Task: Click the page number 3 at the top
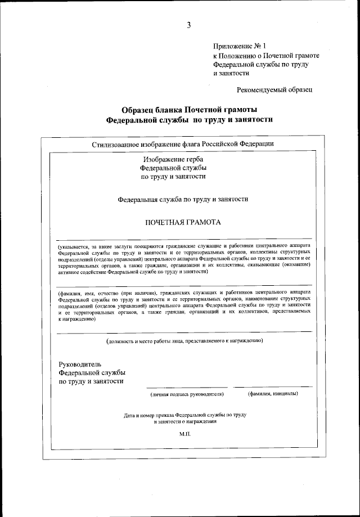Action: pyautogui.click(x=189, y=24)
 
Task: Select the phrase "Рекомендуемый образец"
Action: pyautogui.click(x=274, y=89)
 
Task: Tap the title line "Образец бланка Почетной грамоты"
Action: pyautogui.click(x=182, y=109)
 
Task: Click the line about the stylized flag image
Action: pyautogui.click(x=183, y=143)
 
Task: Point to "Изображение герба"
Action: pyautogui.click(x=173, y=159)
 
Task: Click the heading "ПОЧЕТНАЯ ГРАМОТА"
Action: pyautogui.click(x=183, y=222)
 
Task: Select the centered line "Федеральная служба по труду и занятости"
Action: pyautogui.click(x=183, y=199)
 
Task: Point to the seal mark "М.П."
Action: pyautogui.click(x=186, y=435)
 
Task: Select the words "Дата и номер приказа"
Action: pyautogui.click(x=148, y=415)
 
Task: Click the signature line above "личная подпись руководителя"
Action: pyautogui.click(x=187, y=387)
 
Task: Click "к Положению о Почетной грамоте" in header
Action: pyautogui.click(x=266, y=56)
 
